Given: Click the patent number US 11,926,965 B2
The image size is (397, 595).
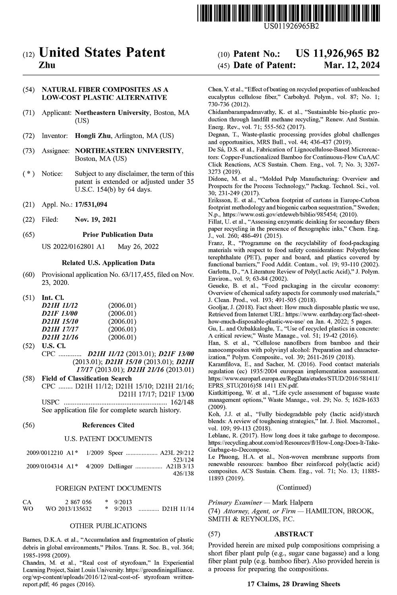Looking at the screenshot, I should click(337, 54).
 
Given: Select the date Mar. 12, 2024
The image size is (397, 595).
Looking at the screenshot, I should click(351, 65).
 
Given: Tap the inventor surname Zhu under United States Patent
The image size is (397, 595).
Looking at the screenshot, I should click(46, 65).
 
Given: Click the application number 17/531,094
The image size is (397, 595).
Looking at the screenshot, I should click(91, 204).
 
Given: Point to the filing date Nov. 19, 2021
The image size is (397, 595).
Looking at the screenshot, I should click(95, 219).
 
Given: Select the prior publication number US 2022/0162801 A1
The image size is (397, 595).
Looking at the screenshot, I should click(73, 246).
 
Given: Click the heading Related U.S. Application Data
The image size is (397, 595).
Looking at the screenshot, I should click(108, 263).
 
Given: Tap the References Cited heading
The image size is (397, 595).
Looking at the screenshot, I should click(108, 425).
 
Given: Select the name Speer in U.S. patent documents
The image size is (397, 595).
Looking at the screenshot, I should click(116, 453).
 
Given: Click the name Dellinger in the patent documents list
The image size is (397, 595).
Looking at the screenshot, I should click(120, 466).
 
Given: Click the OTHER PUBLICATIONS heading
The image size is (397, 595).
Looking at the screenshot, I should click(108, 526).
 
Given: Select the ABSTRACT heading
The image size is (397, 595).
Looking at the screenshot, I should click(294, 534).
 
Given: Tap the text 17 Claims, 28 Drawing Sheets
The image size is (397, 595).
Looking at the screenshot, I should click(293, 584).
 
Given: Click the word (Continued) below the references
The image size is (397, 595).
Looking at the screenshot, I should click(294, 487).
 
